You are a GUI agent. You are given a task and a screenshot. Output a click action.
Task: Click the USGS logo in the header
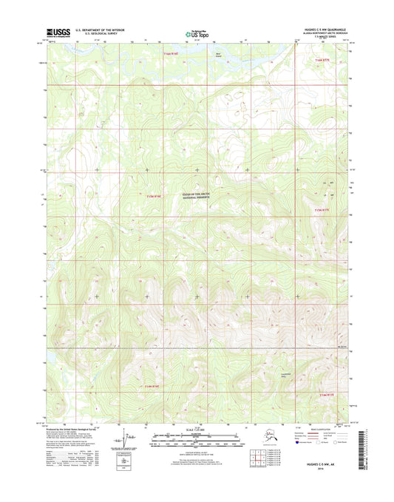(x=59, y=32)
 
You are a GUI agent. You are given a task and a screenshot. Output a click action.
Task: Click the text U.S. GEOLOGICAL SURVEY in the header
(x=96, y=33)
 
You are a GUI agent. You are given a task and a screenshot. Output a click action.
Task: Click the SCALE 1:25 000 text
(x=197, y=428)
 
